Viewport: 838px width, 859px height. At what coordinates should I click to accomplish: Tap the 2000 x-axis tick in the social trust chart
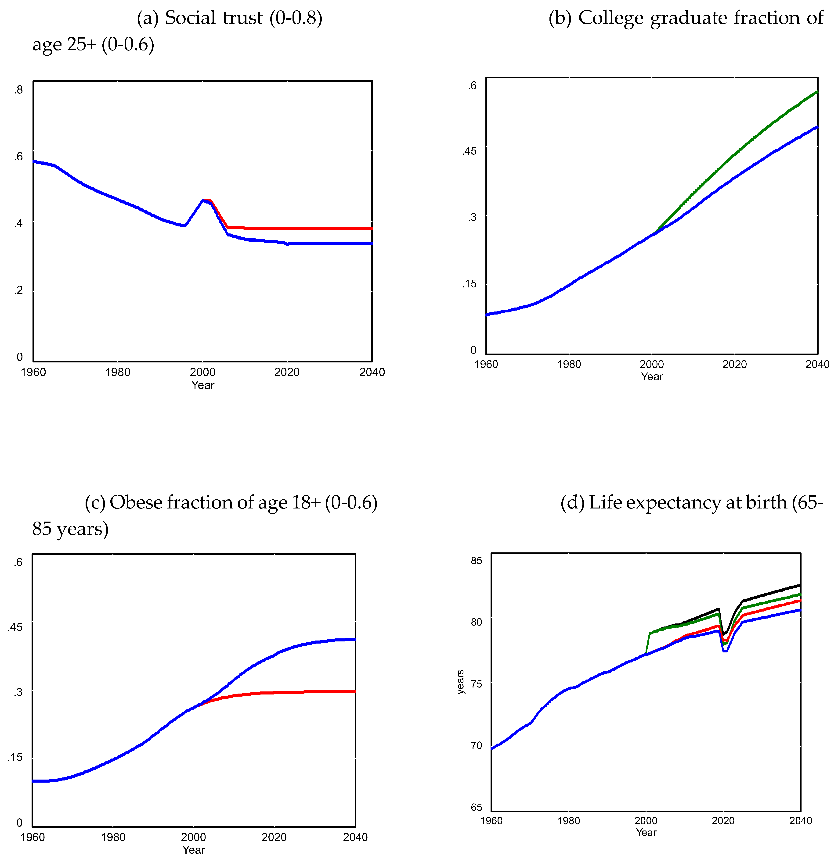(x=202, y=372)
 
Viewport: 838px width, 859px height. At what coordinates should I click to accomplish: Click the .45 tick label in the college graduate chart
(x=469, y=151)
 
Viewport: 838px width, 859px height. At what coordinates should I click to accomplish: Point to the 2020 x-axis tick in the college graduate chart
(x=735, y=364)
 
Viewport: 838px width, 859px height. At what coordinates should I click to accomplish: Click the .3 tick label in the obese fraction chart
(x=18, y=692)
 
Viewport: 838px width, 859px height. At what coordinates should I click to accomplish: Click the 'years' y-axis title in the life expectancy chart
(x=460, y=682)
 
